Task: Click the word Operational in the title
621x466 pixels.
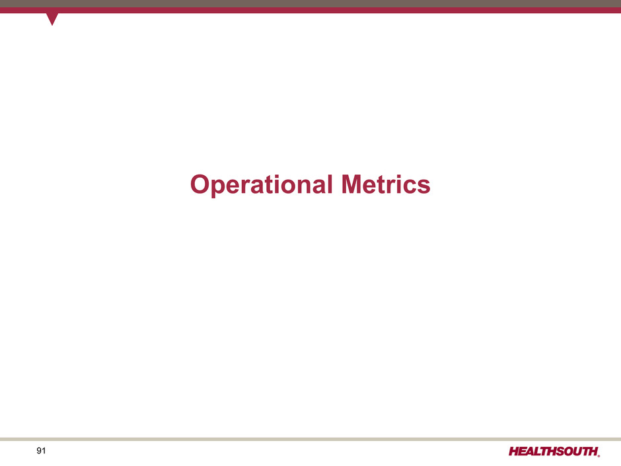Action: [x=261, y=185]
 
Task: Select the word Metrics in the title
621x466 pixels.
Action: [x=386, y=184]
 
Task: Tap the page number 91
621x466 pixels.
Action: [x=41, y=451]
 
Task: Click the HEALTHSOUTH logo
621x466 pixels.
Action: [x=554, y=451]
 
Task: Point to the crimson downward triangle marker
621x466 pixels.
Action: [x=52, y=19]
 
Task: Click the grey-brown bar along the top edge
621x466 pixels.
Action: [x=310, y=3]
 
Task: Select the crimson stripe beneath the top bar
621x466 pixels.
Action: [x=310, y=11]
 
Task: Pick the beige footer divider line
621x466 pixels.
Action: [x=310, y=439]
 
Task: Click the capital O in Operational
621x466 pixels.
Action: [x=200, y=184]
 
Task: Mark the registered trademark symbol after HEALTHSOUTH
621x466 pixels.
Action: [x=599, y=455]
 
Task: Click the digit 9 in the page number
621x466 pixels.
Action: [x=39, y=451]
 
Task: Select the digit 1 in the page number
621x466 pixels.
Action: [x=44, y=451]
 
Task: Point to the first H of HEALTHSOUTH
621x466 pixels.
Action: [x=515, y=451]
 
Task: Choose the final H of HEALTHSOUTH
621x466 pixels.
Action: [x=591, y=451]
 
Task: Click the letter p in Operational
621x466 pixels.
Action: [x=219, y=188]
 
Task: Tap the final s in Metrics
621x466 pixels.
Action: [x=423, y=187]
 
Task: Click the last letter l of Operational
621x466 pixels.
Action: [x=330, y=184]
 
